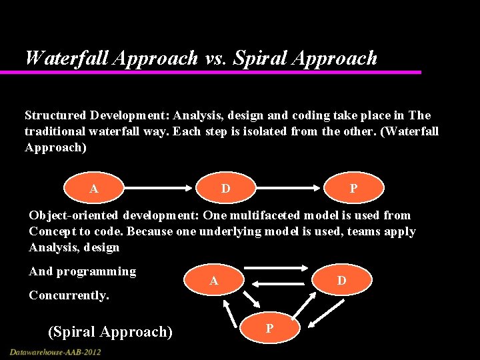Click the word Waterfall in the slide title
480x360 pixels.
67,58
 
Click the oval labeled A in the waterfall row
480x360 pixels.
94,189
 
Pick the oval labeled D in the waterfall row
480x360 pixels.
226,189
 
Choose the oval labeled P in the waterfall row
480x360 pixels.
353,189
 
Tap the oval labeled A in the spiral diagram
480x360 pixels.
213,281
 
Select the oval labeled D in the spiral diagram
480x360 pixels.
341,281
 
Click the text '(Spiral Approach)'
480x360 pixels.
110,331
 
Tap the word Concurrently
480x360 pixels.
69,295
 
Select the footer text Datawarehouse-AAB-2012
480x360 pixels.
55,351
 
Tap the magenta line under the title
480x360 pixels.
220,72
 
